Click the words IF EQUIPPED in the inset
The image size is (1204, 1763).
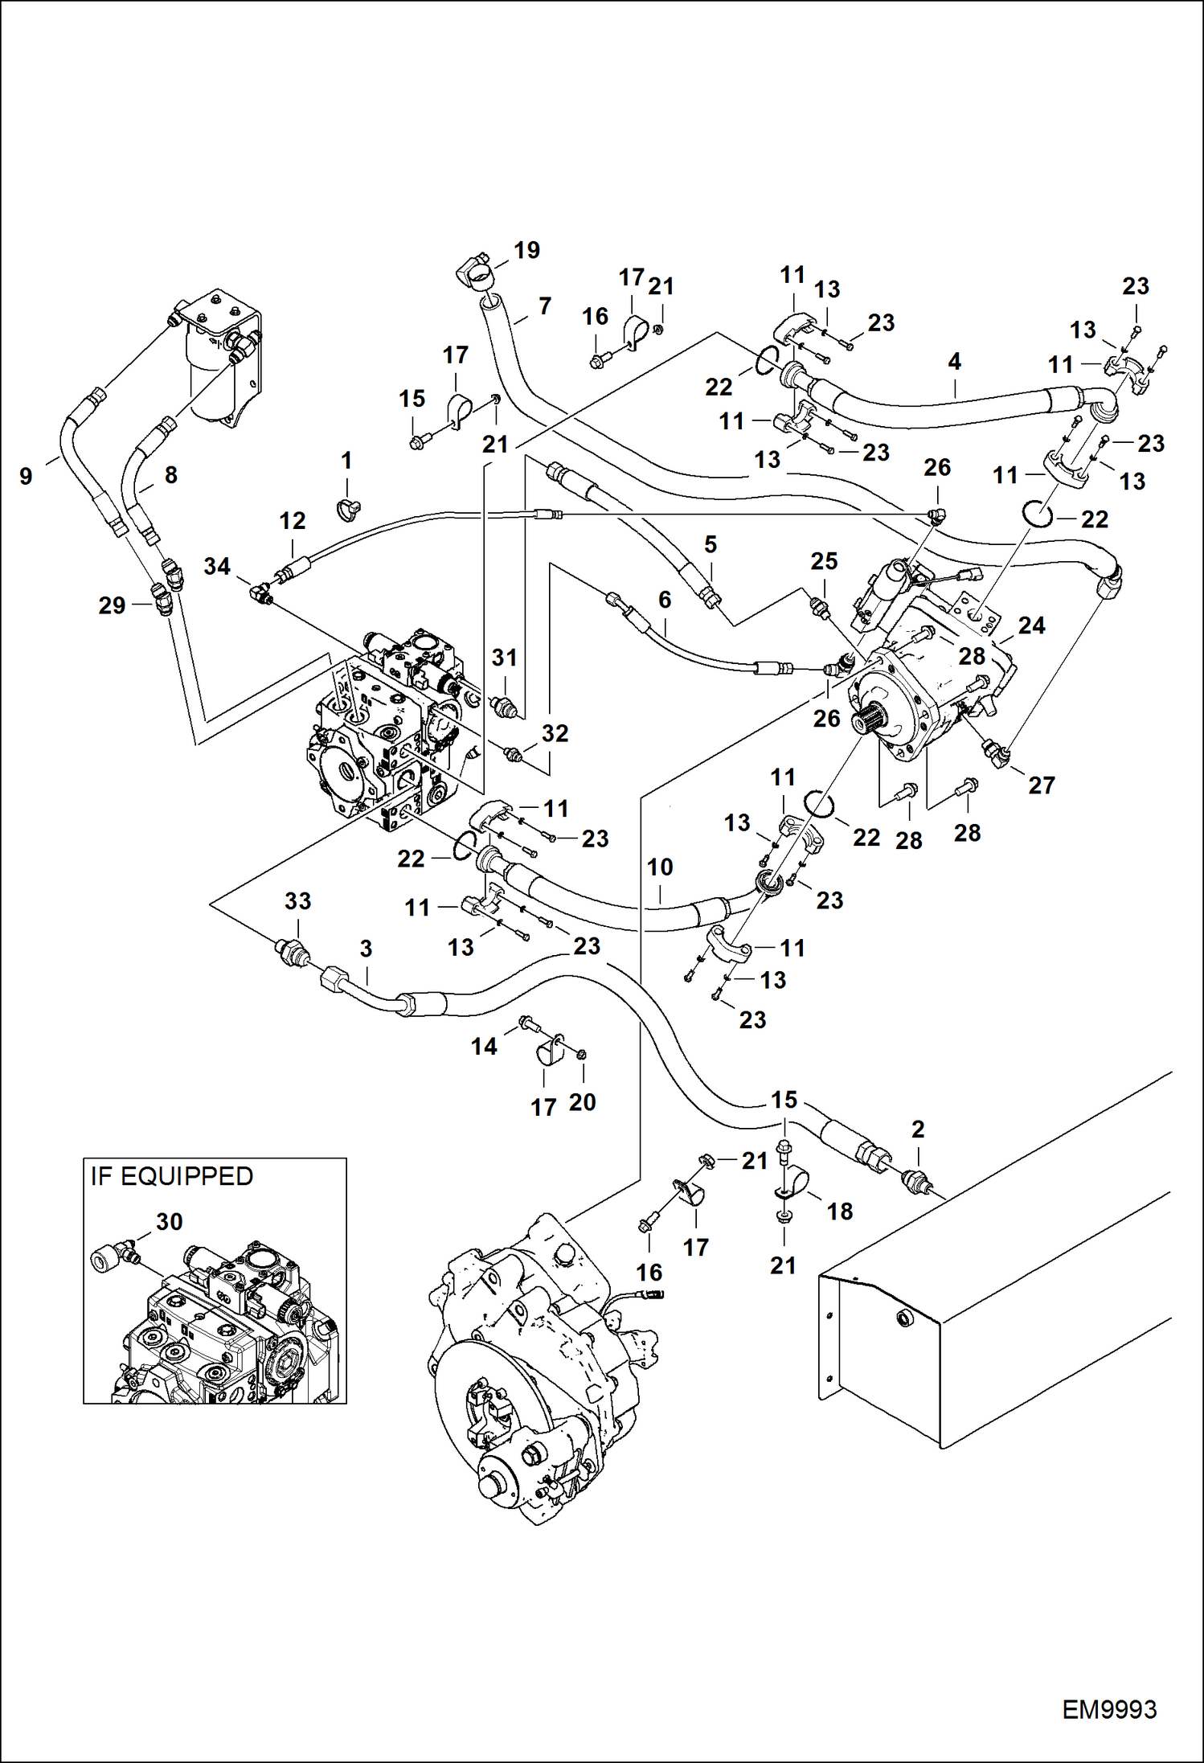point(172,1176)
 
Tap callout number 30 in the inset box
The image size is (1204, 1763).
point(169,1221)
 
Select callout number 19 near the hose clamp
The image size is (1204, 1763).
point(526,250)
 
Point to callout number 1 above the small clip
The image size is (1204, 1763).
point(346,461)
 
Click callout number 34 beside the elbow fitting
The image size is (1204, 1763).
point(217,566)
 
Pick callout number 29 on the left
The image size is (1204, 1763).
point(112,605)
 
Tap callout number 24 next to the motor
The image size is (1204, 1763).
point(1031,625)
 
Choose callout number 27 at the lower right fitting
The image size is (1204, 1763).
point(1041,785)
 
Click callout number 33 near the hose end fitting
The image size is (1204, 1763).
point(297,900)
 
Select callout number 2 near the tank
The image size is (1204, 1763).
point(918,1130)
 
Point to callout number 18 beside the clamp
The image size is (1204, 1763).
point(839,1211)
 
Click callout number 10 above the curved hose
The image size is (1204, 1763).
point(660,867)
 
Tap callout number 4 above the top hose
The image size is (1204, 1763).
point(954,362)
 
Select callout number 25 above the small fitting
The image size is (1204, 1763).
point(824,561)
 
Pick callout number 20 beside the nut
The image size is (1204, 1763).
point(582,1102)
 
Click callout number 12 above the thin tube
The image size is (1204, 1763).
point(293,521)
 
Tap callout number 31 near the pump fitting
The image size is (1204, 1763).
point(504,658)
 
